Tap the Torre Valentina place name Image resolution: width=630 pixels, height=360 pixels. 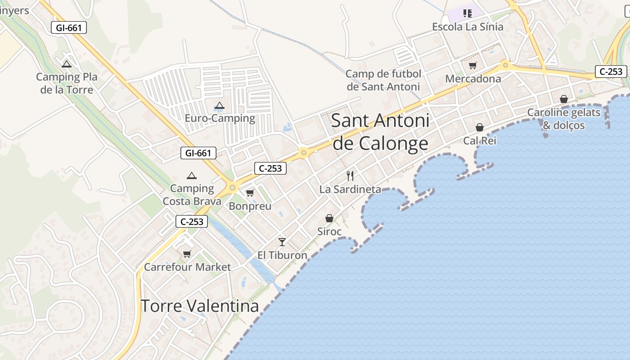click(x=200, y=306)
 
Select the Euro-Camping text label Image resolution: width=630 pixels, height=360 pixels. click(x=220, y=118)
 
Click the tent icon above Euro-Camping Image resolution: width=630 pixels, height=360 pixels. click(x=219, y=106)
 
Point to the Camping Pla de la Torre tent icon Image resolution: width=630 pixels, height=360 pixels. click(x=67, y=64)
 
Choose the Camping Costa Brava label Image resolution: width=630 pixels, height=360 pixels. click(x=192, y=194)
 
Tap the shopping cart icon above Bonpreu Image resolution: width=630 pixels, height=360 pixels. click(x=250, y=193)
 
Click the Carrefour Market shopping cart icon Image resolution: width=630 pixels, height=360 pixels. click(x=187, y=254)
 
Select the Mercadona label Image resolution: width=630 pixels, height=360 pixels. click(x=473, y=79)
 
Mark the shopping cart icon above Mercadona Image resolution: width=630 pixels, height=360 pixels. click(x=472, y=66)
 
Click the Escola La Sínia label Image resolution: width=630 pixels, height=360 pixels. click(x=468, y=27)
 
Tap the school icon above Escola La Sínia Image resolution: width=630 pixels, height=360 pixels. click(x=468, y=13)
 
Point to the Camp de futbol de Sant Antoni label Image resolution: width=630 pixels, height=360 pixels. click(x=383, y=80)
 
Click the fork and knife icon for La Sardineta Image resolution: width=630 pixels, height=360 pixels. click(x=350, y=176)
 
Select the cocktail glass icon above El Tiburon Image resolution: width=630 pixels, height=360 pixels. click(x=282, y=242)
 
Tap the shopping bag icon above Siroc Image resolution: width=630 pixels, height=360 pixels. click(x=329, y=218)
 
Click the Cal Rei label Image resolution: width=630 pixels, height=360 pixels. click(x=480, y=141)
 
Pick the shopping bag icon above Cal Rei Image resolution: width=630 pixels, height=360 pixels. click(x=480, y=127)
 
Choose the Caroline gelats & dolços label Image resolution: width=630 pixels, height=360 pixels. click(x=564, y=119)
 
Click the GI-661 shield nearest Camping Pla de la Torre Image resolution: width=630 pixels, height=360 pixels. click(x=68, y=28)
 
